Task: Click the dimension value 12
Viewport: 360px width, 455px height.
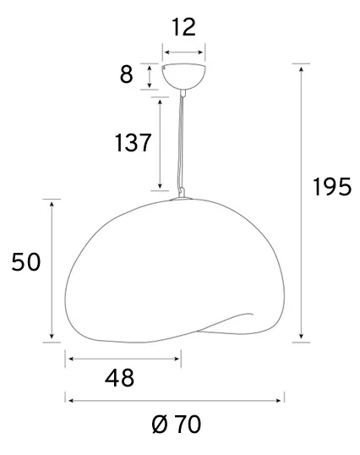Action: point(183,26)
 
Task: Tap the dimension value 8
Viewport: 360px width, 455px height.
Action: point(127,75)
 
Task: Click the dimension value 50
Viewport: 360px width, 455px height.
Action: point(25,263)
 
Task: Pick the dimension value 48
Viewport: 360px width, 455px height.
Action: point(122,378)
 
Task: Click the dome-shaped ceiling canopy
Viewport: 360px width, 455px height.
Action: point(183,77)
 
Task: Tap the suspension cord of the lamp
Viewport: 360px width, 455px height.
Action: point(181,144)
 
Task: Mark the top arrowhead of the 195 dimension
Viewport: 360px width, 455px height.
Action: point(301,68)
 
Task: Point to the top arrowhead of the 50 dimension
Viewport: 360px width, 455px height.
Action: point(53,205)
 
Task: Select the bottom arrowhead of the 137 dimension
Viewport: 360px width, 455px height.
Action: point(159,186)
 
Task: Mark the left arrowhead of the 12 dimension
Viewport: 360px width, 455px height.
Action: point(166,52)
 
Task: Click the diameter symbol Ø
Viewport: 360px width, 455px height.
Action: point(158,425)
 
